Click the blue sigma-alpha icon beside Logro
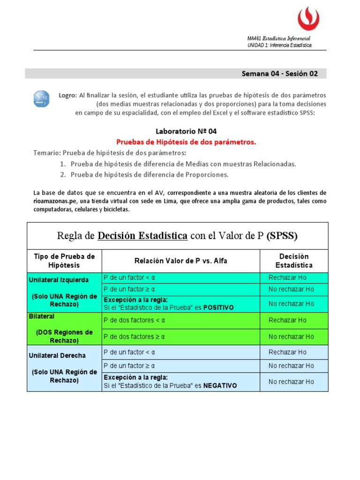click(40, 98)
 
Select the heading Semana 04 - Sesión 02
click(279, 74)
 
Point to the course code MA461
click(254, 38)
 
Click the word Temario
click(47, 153)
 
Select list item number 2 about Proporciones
click(150, 174)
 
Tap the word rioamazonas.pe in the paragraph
click(51, 201)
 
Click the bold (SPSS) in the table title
click(282, 236)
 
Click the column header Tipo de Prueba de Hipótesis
click(64, 261)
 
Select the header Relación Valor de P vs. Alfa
click(180, 261)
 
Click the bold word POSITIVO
click(218, 307)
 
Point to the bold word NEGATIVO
click(220, 386)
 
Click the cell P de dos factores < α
click(135, 320)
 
